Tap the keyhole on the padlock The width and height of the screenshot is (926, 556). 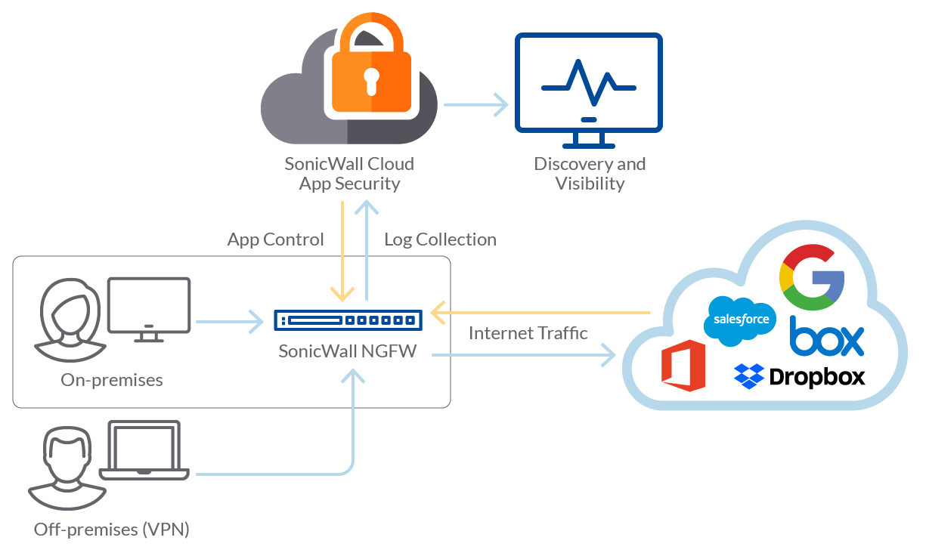[370, 80]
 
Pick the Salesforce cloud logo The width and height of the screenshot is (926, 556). [741, 320]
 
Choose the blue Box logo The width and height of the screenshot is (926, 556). [826, 338]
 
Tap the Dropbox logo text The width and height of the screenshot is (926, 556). [816, 376]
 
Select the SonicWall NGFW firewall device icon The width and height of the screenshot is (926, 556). [348, 320]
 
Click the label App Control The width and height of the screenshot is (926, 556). [276, 239]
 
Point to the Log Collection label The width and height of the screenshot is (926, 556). [440, 239]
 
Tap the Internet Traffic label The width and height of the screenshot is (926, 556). [528, 333]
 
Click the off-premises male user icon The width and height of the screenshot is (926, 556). [66, 468]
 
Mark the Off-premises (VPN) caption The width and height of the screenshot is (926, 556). [111, 530]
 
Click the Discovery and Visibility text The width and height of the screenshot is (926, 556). [590, 173]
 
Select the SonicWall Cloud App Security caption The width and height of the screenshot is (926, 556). [349, 173]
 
